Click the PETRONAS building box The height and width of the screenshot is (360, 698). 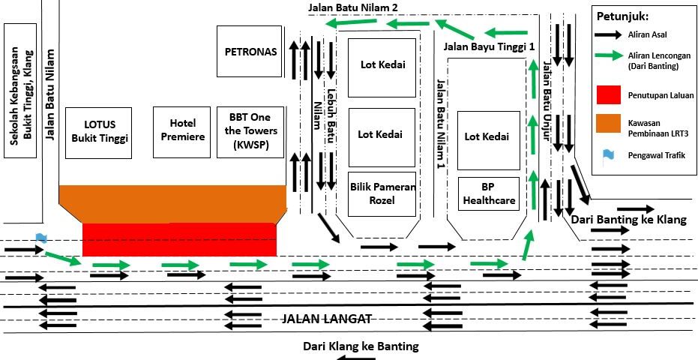click(251, 52)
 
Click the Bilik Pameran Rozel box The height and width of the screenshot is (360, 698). click(382, 193)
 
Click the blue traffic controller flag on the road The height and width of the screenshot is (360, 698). click(41, 238)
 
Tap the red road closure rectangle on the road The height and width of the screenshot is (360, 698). click(179, 239)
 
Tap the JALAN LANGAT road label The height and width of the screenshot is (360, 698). click(327, 319)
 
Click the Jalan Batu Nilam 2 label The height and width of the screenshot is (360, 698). click(352, 7)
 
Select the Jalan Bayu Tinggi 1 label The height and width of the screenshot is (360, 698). click(490, 46)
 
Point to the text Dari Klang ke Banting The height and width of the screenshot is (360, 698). click(361, 346)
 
